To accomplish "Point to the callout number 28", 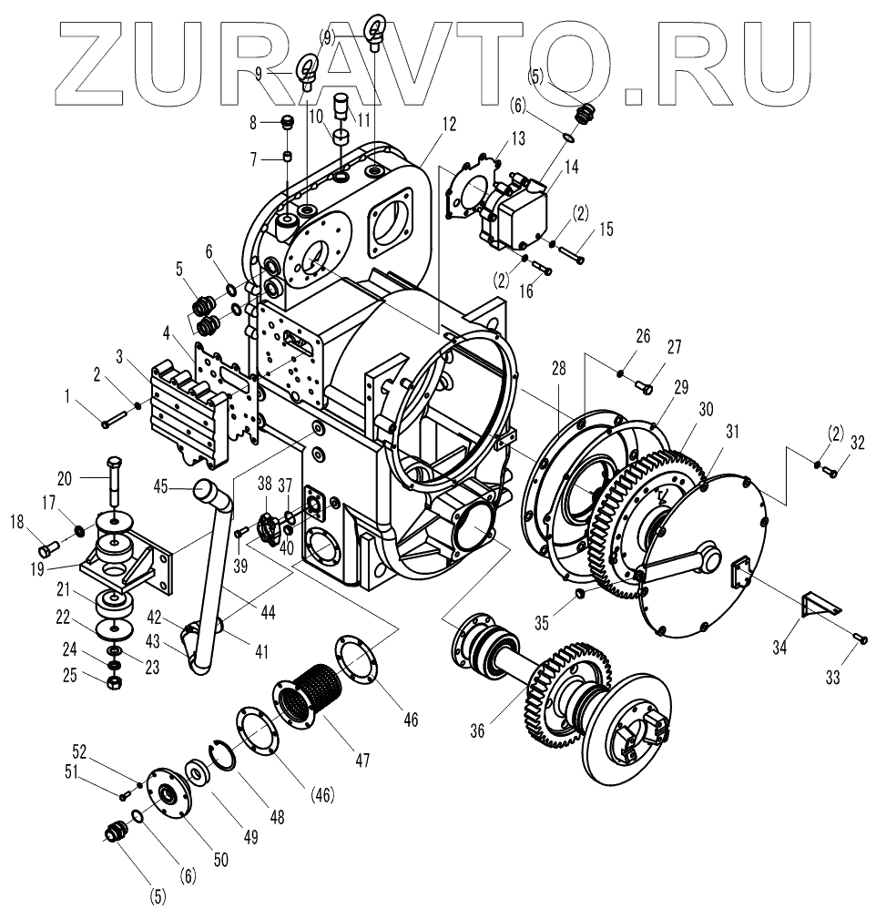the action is [x=558, y=368].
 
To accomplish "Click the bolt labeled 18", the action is [x=48, y=548].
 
